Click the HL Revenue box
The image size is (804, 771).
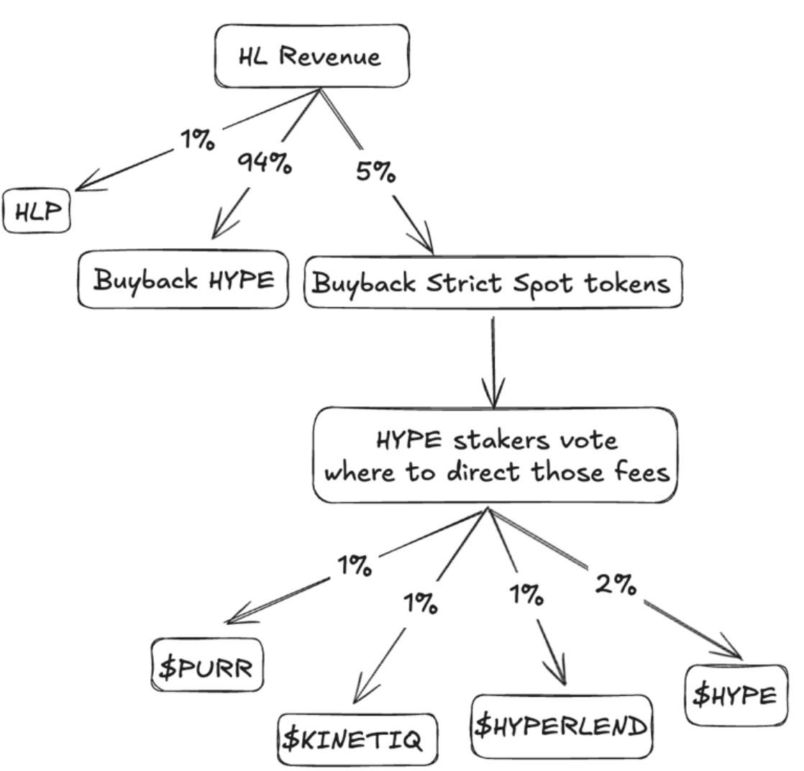(311, 57)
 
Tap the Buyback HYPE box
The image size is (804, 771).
(183, 280)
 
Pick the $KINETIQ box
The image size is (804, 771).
(357, 739)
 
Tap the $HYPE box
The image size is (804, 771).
(735, 695)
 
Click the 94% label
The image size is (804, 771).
(264, 163)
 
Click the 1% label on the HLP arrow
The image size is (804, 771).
(196, 139)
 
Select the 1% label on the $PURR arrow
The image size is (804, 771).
(355, 565)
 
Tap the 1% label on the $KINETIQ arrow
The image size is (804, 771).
(420, 602)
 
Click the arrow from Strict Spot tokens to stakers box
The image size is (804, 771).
(493, 360)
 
